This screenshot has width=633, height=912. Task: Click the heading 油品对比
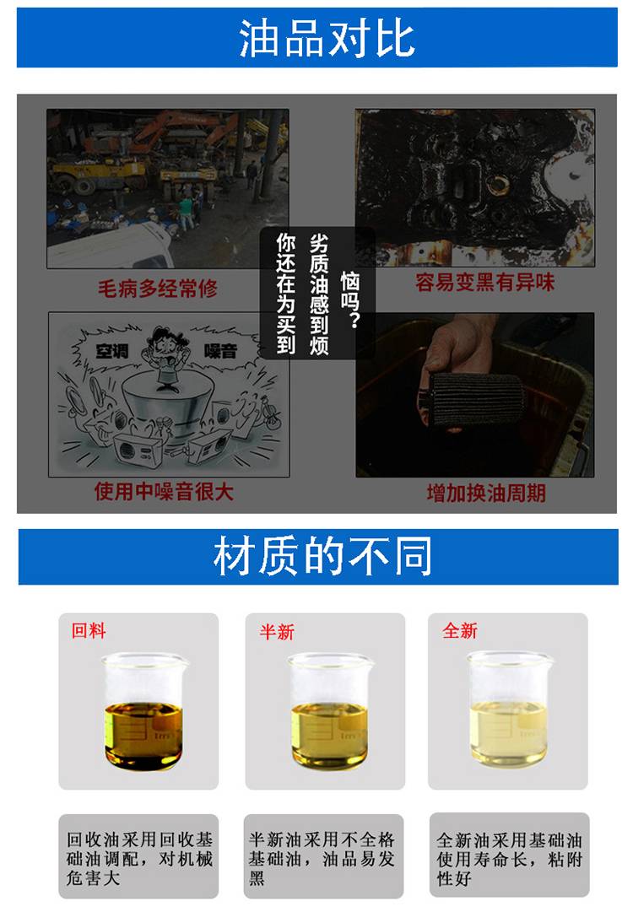[327, 39]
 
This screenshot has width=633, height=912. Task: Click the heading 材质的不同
[323, 556]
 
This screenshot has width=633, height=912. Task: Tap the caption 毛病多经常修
[158, 288]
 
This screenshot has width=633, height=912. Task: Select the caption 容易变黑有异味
[484, 283]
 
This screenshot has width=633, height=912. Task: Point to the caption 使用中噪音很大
[164, 492]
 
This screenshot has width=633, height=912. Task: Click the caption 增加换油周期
[486, 494]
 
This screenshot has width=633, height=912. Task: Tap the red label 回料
[89, 630]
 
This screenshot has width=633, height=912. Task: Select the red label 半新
[277, 632]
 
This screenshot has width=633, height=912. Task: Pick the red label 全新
[460, 630]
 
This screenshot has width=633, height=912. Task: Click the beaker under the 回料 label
[144, 712]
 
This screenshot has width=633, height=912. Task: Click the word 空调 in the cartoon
[111, 351]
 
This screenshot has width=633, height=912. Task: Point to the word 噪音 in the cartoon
[220, 351]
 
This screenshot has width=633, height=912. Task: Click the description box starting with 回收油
[138, 856]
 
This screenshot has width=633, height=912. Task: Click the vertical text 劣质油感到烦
[319, 294]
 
